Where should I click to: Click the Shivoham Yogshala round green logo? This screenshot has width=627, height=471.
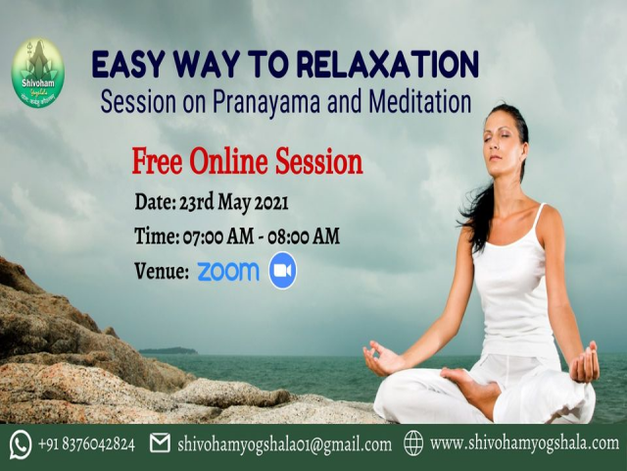(37, 72)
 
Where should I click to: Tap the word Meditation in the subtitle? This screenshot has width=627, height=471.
(420, 100)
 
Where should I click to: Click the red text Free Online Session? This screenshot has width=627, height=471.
(247, 161)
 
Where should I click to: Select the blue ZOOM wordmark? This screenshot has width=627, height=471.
(228, 271)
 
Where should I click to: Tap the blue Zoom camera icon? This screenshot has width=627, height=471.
(282, 271)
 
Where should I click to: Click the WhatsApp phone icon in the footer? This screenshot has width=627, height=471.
(21, 445)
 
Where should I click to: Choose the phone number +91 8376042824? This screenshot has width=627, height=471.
(86, 445)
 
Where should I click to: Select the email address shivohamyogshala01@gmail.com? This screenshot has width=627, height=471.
(285, 445)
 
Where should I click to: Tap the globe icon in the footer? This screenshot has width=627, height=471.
(412, 444)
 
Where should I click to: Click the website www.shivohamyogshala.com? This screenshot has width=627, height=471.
(524, 444)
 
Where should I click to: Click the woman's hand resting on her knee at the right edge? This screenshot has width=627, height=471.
(585, 365)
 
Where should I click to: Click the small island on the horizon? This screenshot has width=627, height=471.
(168, 350)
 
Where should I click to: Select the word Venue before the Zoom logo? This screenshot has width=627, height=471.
(161, 272)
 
